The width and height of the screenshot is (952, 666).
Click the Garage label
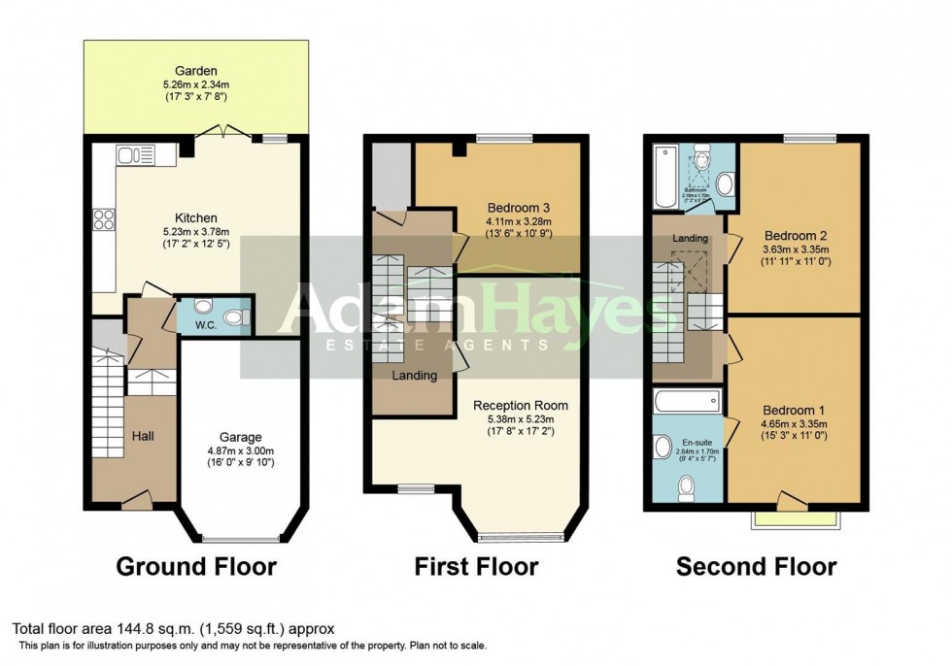tap(238, 438)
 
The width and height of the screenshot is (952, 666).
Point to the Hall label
tap(144, 437)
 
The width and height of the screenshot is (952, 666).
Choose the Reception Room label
tap(520, 405)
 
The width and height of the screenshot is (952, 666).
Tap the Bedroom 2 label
tap(795, 236)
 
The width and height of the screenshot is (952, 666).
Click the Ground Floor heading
tap(196, 566)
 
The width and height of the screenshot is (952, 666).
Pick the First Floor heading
tap(476, 566)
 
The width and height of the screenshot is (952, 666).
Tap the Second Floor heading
tap(756, 566)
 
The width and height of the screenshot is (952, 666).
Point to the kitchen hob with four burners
tap(102, 221)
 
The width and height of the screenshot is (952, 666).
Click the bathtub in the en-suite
tap(688, 399)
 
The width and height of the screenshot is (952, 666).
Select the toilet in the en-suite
tap(688, 486)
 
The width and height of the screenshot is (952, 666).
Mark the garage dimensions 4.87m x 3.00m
tap(238, 451)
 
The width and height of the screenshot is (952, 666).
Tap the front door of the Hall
tap(136, 502)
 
